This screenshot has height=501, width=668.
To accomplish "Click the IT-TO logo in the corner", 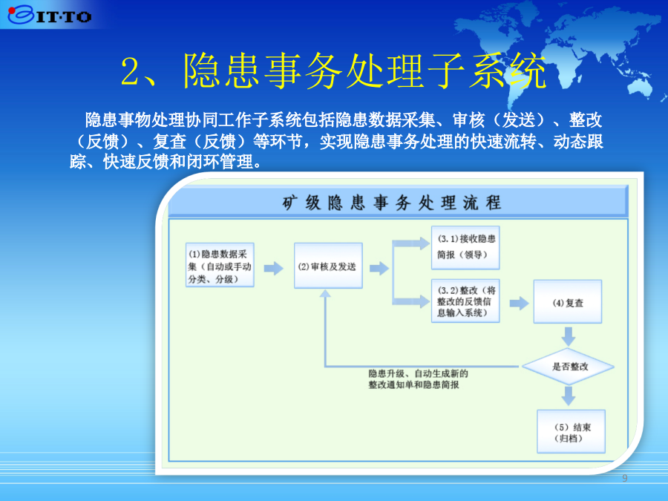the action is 50,15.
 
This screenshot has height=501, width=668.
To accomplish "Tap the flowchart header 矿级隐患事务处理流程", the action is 391,203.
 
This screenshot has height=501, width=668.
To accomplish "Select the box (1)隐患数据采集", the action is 220,265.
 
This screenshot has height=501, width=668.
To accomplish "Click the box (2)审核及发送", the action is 328,266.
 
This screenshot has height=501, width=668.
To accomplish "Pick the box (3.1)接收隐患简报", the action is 465,247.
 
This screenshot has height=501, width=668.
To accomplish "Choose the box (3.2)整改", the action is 465,301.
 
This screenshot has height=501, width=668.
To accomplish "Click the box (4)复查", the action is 568,301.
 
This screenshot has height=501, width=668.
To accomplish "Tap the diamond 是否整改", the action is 569,367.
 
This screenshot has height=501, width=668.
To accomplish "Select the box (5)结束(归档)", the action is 571,431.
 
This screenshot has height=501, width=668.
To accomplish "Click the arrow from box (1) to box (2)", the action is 273,269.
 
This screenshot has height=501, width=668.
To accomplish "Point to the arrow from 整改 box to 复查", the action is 519,304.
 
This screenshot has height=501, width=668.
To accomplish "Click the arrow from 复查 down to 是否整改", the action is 569,336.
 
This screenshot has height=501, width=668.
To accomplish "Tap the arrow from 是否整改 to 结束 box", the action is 569,396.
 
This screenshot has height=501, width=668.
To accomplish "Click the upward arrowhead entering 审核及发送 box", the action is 325,293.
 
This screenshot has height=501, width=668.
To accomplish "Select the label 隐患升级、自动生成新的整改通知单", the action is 418,379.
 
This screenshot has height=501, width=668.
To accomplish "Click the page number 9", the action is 624,478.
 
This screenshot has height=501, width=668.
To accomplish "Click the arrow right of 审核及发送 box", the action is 379,269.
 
